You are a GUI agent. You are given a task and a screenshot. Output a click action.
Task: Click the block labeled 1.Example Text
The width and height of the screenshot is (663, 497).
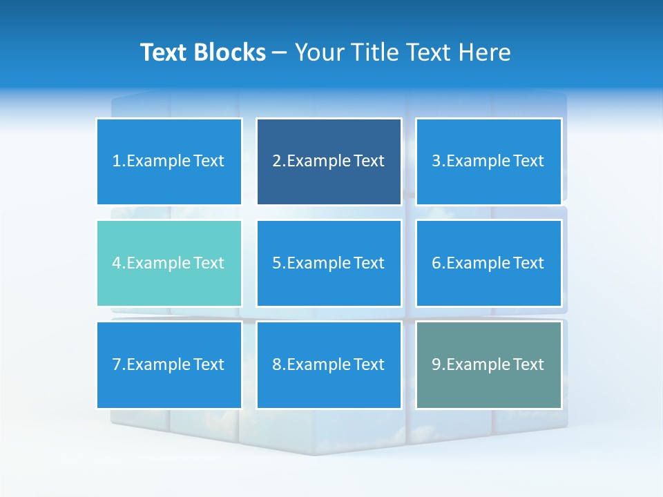[169, 162]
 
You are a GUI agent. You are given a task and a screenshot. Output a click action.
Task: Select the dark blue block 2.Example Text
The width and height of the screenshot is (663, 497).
[329, 162]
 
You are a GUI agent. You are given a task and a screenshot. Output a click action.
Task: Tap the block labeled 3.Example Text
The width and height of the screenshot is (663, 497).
[488, 162]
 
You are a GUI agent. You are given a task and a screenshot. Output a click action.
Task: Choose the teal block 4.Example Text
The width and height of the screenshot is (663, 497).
[169, 263]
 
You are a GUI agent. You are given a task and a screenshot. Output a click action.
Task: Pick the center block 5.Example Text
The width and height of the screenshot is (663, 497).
[329, 263]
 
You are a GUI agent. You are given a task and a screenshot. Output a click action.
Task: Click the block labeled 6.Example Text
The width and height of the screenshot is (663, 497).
[488, 263]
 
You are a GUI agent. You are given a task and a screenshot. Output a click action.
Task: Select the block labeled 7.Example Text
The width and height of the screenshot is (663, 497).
[169, 364]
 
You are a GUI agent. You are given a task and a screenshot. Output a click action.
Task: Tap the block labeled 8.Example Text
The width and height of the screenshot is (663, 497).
[329, 364]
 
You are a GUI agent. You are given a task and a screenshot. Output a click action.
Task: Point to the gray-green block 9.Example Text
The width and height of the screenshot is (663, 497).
[488, 364]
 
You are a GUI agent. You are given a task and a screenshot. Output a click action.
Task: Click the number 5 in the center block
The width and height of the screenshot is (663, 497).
[276, 263]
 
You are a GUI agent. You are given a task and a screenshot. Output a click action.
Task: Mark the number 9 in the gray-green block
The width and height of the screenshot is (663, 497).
[436, 364]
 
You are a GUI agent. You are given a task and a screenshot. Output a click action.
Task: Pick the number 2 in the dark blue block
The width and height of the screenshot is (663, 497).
[276, 162]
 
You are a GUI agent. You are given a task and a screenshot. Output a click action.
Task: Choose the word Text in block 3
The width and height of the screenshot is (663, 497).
[528, 162]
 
